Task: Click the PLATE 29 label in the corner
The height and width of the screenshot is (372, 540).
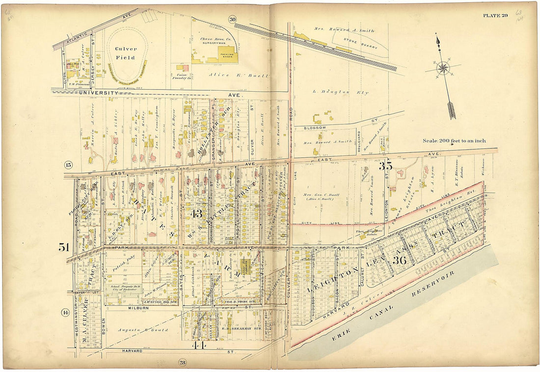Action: tap(495, 15)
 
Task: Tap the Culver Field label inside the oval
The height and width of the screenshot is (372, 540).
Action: tap(126, 53)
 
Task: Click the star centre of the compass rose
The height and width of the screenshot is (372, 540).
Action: tap(443, 68)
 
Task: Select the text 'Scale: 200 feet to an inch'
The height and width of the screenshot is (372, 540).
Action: tap(454, 141)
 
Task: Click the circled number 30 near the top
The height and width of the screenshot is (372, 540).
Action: tap(232, 19)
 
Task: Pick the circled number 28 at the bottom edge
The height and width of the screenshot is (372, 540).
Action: tap(183, 362)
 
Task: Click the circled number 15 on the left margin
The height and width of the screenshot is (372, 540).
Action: tap(68, 164)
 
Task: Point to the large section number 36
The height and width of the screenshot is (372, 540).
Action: tap(399, 260)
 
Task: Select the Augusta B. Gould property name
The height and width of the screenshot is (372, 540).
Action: tap(143, 330)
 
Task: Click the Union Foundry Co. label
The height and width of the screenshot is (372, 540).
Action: tap(182, 75)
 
